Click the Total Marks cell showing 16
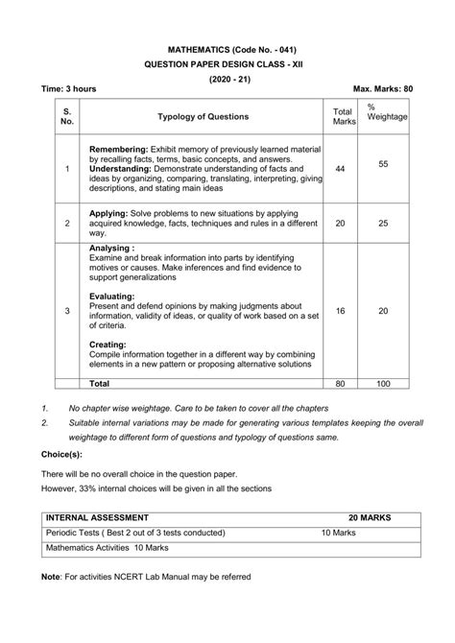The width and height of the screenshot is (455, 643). coord(340,311)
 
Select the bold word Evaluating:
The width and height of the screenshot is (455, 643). coord(111,297)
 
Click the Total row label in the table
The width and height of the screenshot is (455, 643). coord(100,383)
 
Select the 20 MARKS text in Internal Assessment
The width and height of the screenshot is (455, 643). coord(370,517)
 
